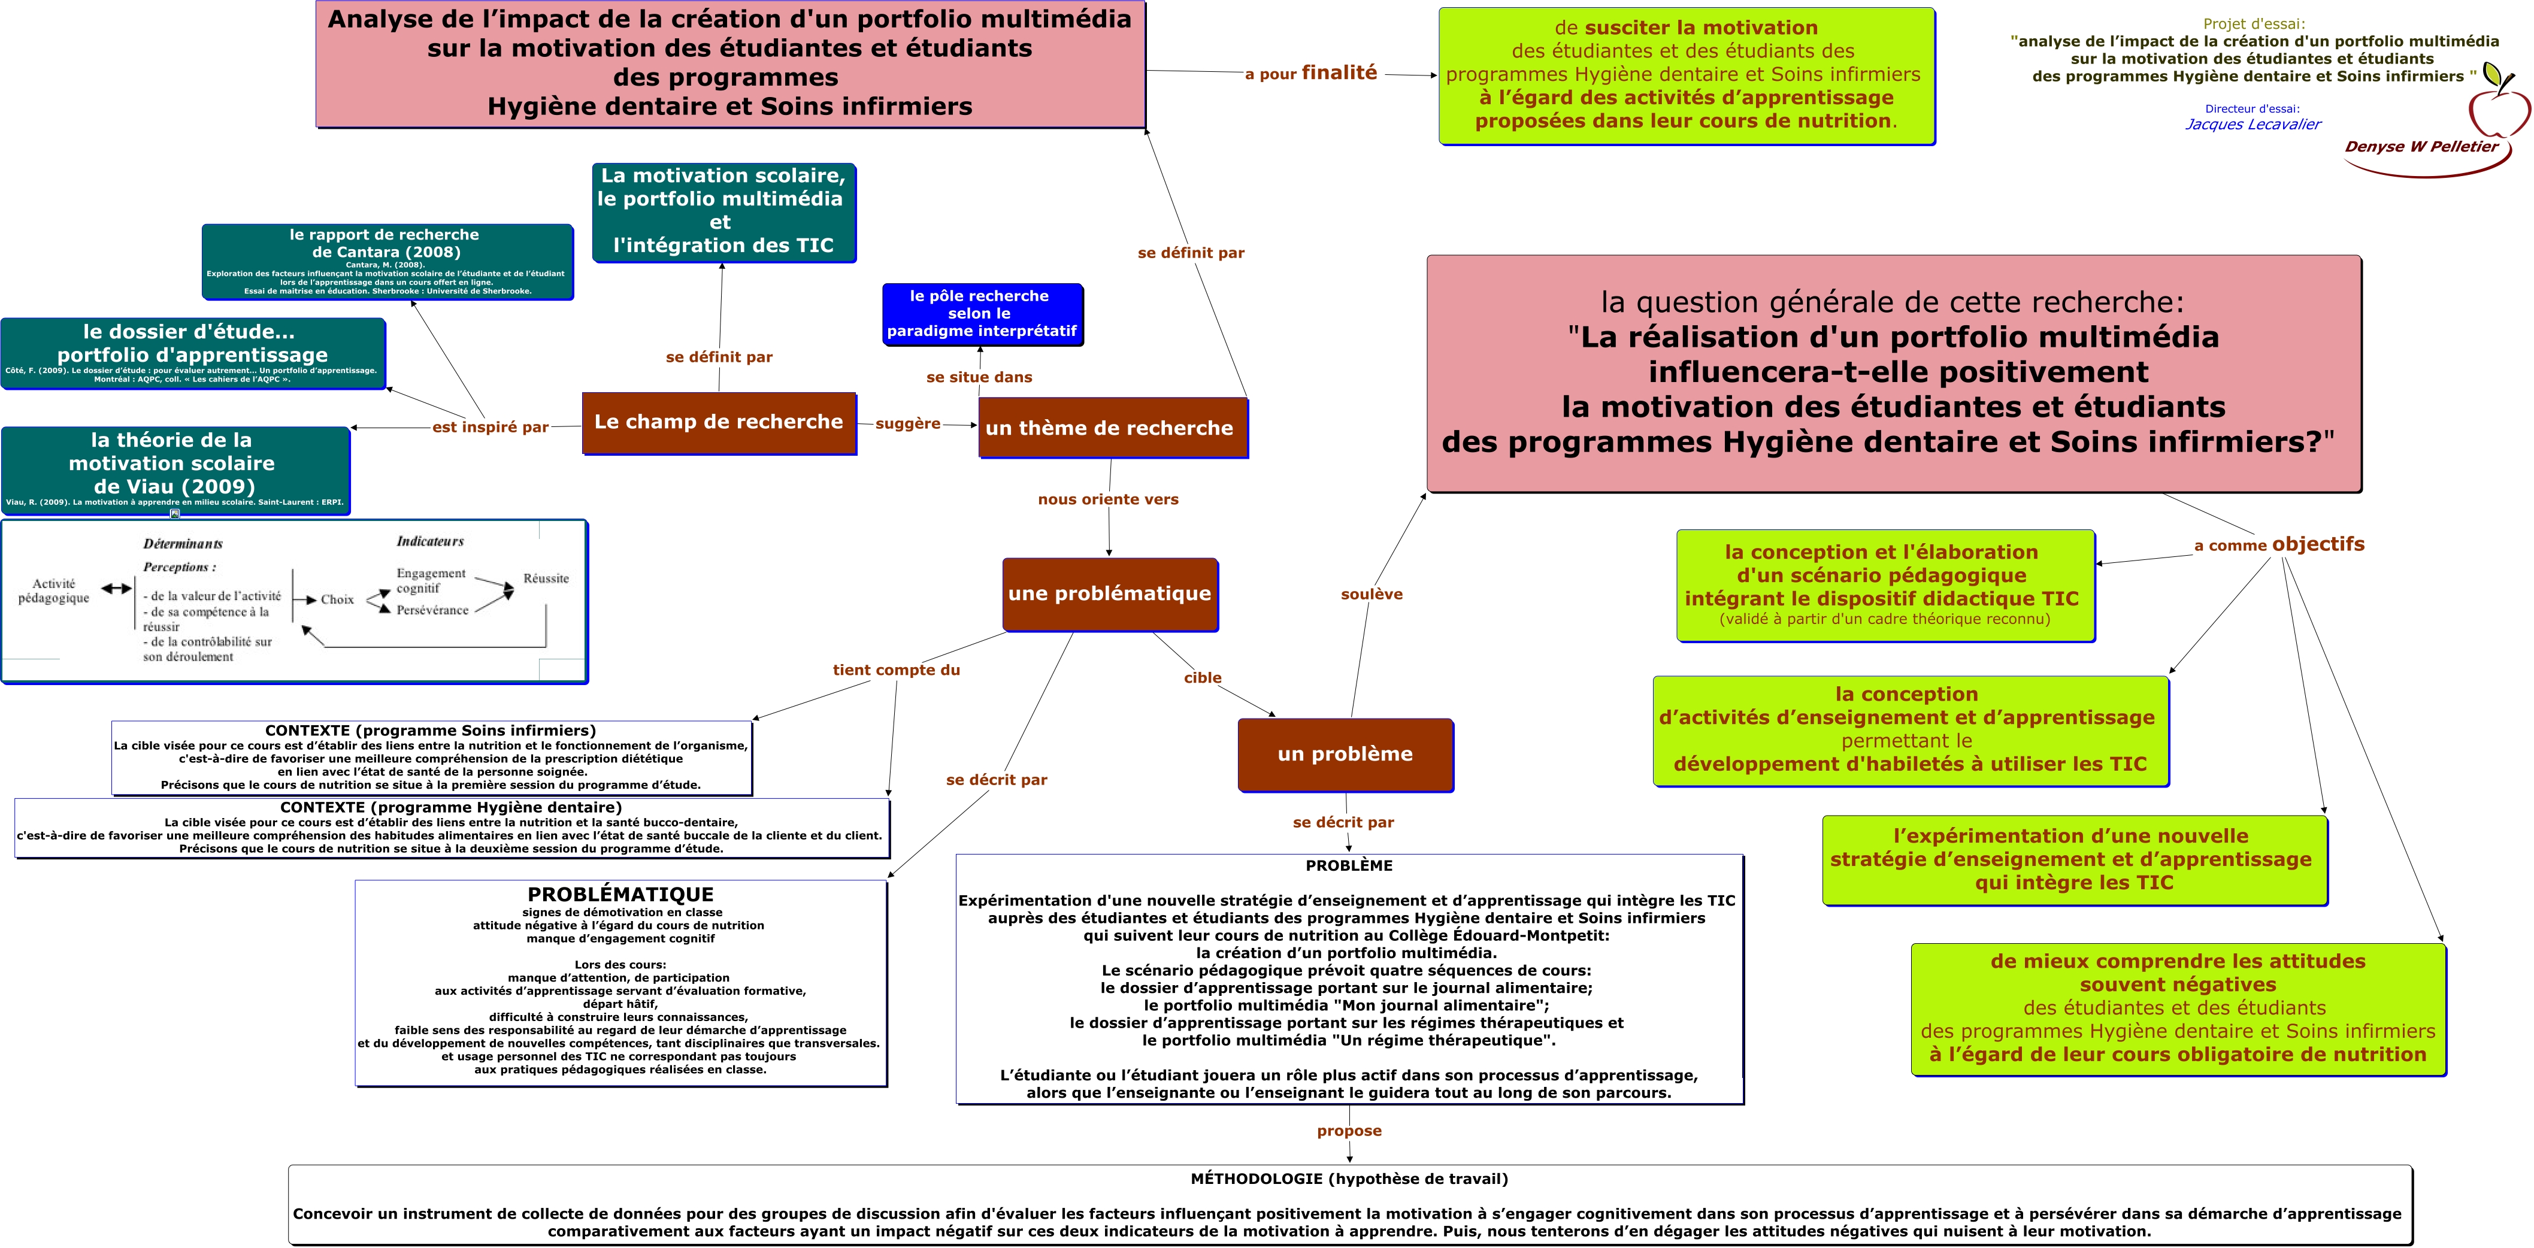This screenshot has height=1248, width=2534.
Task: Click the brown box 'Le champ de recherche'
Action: (719, 423)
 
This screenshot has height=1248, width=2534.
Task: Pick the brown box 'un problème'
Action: (1345, 755)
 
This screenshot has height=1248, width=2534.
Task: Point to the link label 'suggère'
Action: (907, 424)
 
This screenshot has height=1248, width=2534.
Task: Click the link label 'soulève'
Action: (1372, 594)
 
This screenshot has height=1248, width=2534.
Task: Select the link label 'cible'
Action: (1202, 678)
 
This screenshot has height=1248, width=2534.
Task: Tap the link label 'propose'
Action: (1349, 1131)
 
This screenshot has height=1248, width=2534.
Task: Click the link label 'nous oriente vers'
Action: (1107, 499)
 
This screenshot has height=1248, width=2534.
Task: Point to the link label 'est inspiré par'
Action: (490, 427)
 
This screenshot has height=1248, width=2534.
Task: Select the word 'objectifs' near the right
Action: (2318, 544)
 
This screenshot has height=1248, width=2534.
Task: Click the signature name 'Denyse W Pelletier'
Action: (2421, 147)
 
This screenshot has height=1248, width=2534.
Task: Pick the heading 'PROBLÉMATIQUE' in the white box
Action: (620, 894)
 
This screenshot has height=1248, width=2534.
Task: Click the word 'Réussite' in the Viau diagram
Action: (546, 578)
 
